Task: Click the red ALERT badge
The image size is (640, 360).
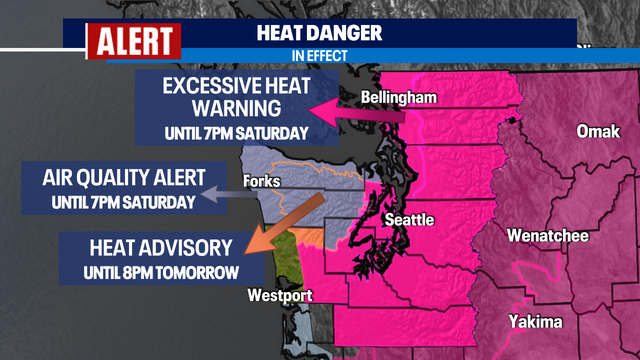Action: click(x=134, y=41)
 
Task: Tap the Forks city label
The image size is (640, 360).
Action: click(x=262, y=182)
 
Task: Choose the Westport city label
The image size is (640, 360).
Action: click(x=280, y=295)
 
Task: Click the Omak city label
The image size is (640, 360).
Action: click(x=597, y=132)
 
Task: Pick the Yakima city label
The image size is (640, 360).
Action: click(x=536, y=321)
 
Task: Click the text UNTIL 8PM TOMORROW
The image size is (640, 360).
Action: click(x=152, y=272)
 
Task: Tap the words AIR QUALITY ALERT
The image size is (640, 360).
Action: click(x=124, y=179)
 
